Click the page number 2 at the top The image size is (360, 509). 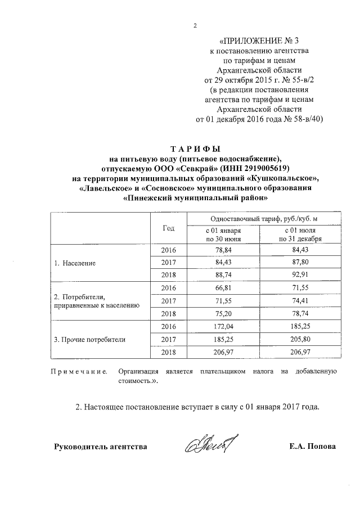click(x=195, y=25)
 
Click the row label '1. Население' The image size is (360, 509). click(x=75, y=263)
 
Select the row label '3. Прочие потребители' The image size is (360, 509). click(x=89, y=339)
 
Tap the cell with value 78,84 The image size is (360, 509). click(x=223, y=250)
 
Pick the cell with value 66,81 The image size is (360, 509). click(x=223, y=288)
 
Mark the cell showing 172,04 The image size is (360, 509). click(x=223, y=326)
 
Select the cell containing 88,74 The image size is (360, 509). click(x=223, y=275)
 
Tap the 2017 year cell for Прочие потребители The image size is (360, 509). click(x=169, y=339)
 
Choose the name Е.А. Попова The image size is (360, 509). click(x=311, y=447)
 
